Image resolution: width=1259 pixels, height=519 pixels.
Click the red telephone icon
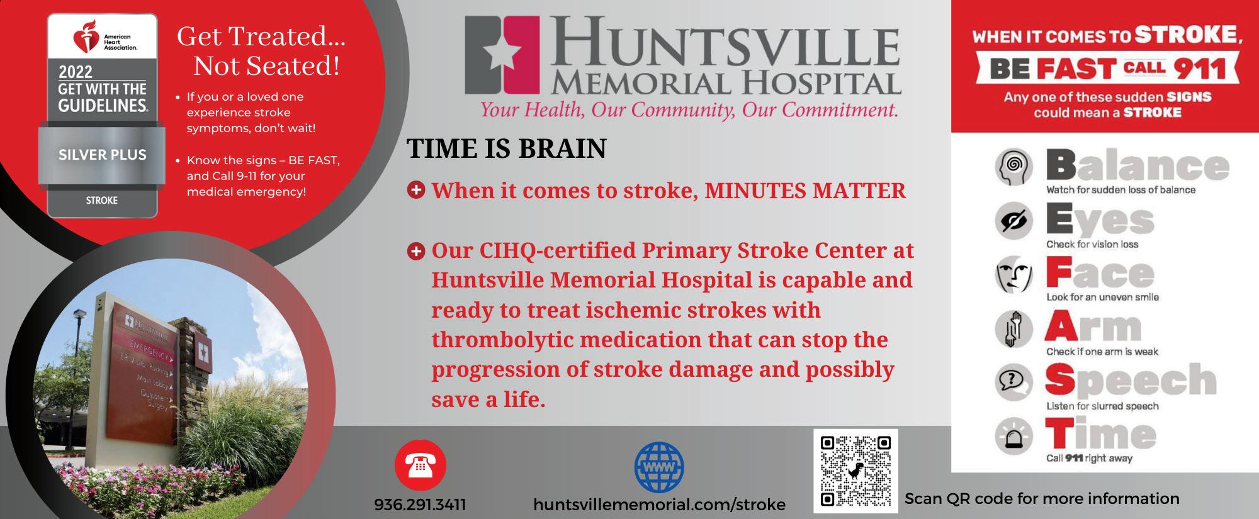[420, 466]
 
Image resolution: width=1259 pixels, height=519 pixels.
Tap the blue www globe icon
[658, 466]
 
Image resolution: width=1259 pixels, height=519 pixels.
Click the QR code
[855, 471]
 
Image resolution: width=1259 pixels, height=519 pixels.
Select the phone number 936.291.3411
[420, 505]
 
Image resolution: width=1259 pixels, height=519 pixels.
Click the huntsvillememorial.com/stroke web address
[659, 505]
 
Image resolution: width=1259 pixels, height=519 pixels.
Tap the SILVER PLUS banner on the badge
[102, 155]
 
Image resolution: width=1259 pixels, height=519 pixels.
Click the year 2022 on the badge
[76, 72]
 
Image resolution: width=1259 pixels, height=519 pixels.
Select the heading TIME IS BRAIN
[506, 148]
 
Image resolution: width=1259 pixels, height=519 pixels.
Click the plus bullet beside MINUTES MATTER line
[415, 189]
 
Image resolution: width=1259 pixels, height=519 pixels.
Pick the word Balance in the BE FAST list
[1138, 166]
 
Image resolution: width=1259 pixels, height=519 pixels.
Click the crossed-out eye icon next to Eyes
[1013, 221]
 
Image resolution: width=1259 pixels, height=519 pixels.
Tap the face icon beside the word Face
[1013, 275]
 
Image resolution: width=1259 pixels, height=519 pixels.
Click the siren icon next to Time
[1013, 436]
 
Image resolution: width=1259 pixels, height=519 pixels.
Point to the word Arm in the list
[1093, 327]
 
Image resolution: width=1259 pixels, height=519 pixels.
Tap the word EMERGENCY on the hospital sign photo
[149, 350]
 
